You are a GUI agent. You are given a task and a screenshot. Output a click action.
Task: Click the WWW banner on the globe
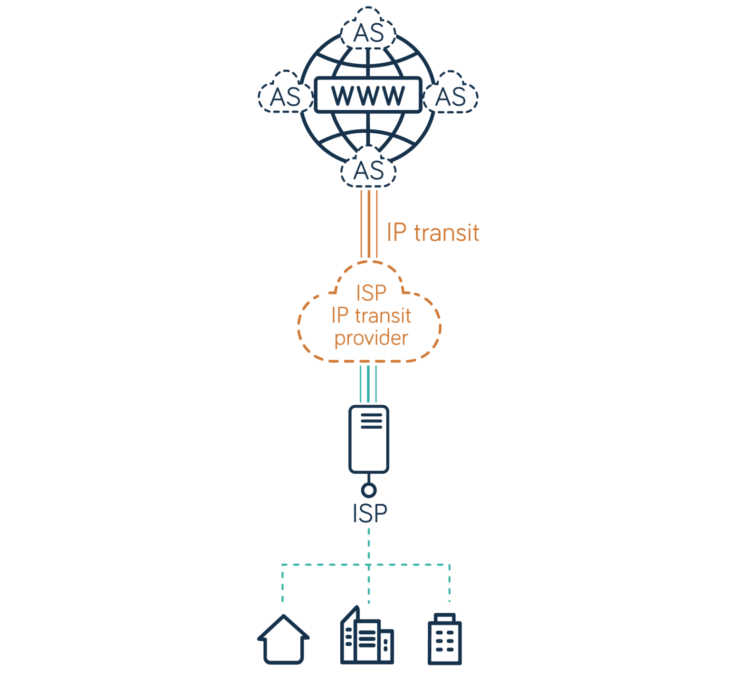tap(368, 95)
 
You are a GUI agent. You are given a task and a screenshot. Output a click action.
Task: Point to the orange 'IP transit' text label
tap(432, 233)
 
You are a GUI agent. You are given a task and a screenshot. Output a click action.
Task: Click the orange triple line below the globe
tap(369, 224)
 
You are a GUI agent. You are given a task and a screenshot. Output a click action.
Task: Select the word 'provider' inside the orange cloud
tap(371, 338)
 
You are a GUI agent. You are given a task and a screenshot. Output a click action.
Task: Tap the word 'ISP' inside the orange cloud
tap(371, 293)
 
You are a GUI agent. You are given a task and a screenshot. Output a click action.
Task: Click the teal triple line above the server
tap(369, 383)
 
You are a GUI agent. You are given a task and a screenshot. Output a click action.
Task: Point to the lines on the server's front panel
tap(371, 421)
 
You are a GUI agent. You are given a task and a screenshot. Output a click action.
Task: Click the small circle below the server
tap(368, 490)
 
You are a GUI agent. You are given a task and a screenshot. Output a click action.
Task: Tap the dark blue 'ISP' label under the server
tap(370, 513)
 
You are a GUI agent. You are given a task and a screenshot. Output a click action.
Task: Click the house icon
tap(284, 640)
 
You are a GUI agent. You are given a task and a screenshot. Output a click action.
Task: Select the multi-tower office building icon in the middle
tap(366, 637)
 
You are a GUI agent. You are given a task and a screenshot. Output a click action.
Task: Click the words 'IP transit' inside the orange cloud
tap(371, 315)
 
